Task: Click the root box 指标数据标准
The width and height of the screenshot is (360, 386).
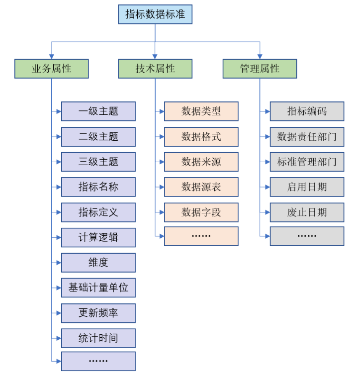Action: tap(155, 14)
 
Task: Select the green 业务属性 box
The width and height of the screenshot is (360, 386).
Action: tap(51, 69)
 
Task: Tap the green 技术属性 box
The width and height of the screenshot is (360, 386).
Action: tap(155, 69)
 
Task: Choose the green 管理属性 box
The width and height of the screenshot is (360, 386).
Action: tap(259, 69)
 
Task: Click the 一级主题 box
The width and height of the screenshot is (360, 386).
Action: tap(98, 111)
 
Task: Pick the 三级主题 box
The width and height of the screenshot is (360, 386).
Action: tap(98, 162)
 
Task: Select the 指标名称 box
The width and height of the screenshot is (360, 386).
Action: tap(98, 187)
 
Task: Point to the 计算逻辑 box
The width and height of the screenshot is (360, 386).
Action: tap(98, 237)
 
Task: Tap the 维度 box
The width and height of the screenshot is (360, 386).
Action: tap(98, 263)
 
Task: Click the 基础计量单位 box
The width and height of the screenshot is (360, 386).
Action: tap(98, 288)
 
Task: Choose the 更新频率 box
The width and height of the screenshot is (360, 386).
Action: tap(98, 313)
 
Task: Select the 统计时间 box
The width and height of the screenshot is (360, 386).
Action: tap(98, 338)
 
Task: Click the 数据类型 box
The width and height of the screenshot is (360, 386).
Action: tap(201, 111)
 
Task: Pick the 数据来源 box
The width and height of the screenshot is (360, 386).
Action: tap(201, 162)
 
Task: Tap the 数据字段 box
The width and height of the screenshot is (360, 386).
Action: tap(201, 212)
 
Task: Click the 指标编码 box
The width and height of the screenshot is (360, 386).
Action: tap(307, 111)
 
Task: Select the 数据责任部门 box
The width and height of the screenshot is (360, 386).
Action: tap(307, 137)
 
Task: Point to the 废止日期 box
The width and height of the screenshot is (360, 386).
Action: tap(307, 212)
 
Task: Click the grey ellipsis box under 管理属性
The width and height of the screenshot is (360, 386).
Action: tap(307, 236)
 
